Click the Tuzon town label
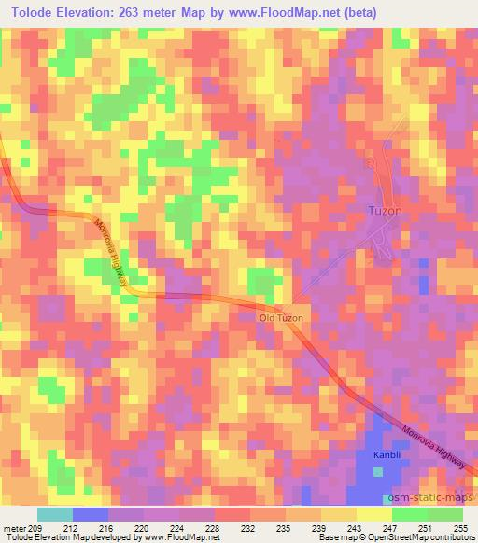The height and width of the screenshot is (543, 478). (384, 212)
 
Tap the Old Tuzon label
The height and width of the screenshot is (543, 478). (282, 318)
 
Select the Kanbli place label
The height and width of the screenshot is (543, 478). (387, 453)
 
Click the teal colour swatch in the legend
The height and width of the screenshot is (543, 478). (54, 514)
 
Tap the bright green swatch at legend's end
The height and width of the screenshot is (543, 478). (445, 514)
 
